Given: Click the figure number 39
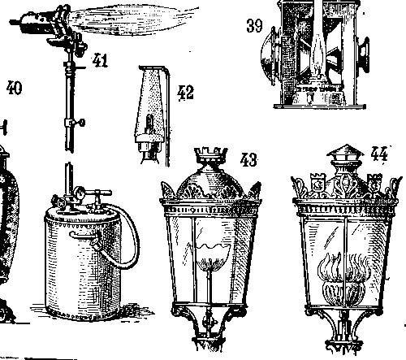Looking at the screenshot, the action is (x=254, y=26).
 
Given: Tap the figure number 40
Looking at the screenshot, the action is (x=14, y=88).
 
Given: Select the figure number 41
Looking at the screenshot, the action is (x=100, y=60).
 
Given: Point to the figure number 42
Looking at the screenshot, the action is (x=185, y=93).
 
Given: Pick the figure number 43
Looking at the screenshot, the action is (x=248, y=160).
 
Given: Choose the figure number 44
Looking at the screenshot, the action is (x=379, y=154).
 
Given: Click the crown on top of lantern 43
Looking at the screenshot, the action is (x=211, y=154).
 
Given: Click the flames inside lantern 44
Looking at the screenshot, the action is (x=343, y=267).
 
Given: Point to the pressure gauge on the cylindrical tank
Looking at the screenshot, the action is (x=79, y=193).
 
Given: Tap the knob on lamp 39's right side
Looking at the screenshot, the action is (x=363, y=54).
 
